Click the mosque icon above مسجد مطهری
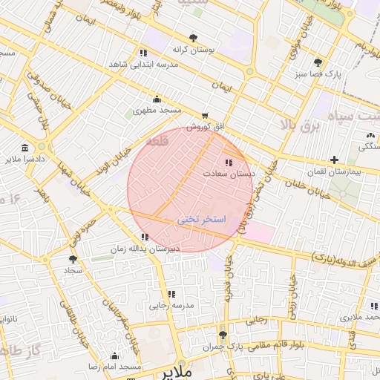(x=157, y=99)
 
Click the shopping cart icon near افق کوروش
(x=205, y=116)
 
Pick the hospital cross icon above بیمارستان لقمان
(x=335, y=160)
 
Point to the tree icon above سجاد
(x=73, y=259)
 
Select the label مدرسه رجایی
(x=171, y=305)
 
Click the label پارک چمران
(x=223, y=347)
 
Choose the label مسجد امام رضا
(x=114, y=367)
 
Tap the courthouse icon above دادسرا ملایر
(x=25, y=148)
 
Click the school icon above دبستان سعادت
(x=228, y=161)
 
